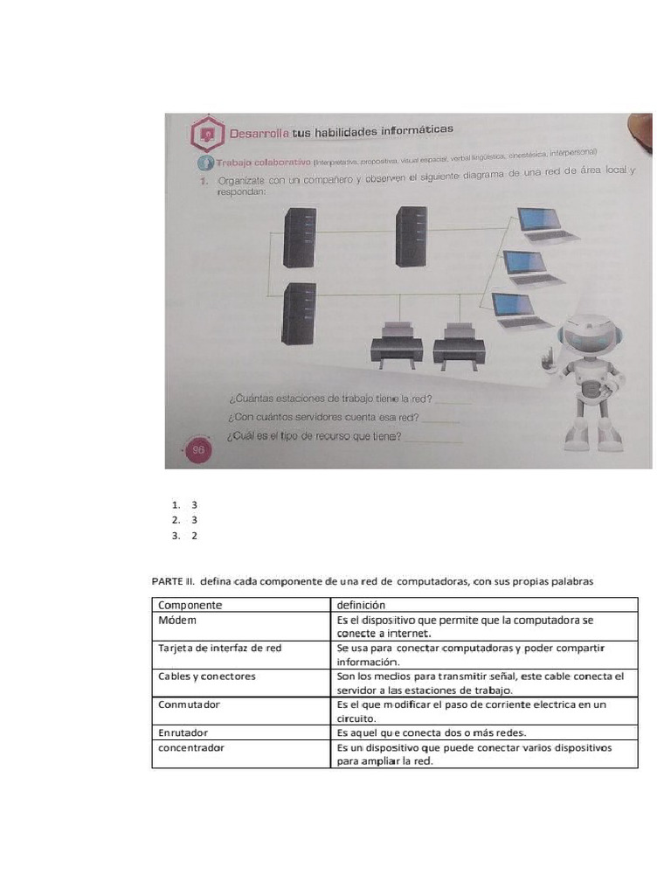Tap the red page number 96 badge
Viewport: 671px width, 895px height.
tap(197, 449)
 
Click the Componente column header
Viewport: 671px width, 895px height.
tap(190, 605)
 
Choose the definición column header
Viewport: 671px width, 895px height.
tap(360, 605)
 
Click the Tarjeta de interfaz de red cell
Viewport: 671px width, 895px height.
tap(219, 648)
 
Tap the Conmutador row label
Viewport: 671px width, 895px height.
tap(189, 704)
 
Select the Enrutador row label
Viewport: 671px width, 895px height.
tap(183, 732)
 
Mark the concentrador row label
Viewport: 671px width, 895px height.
tap(191, 747)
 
